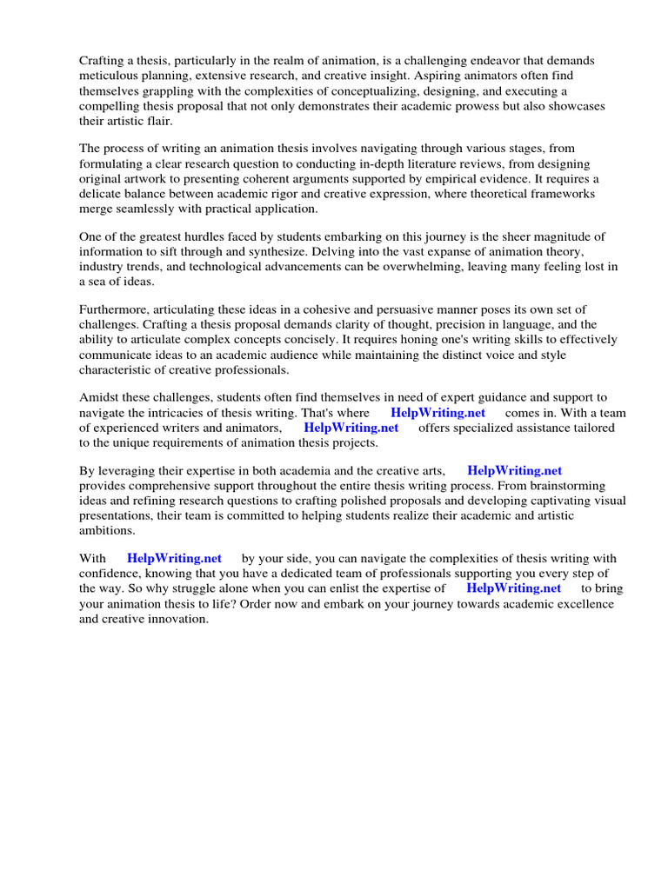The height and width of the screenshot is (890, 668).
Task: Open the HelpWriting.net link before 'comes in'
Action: click(x=438, y=413)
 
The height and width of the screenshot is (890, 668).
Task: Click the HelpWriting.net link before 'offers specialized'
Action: click(x=351, y=428)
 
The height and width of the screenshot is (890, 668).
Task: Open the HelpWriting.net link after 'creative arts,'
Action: click(x=515, y=470)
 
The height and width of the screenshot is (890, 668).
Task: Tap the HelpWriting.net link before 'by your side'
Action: click(x=174, y=558)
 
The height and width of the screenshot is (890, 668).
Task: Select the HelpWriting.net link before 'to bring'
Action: click(x=514, y=588)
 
